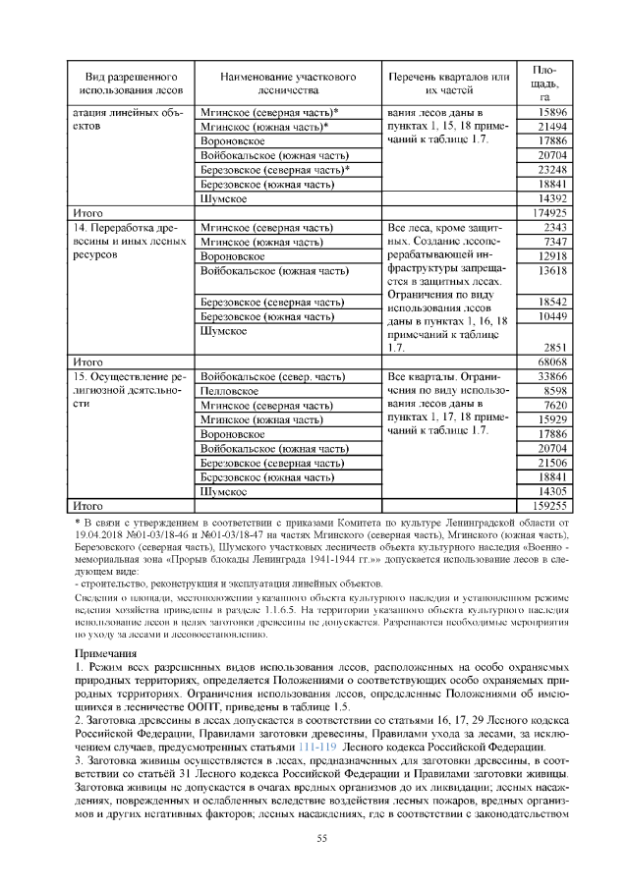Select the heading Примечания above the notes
(x=109, y=652)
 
